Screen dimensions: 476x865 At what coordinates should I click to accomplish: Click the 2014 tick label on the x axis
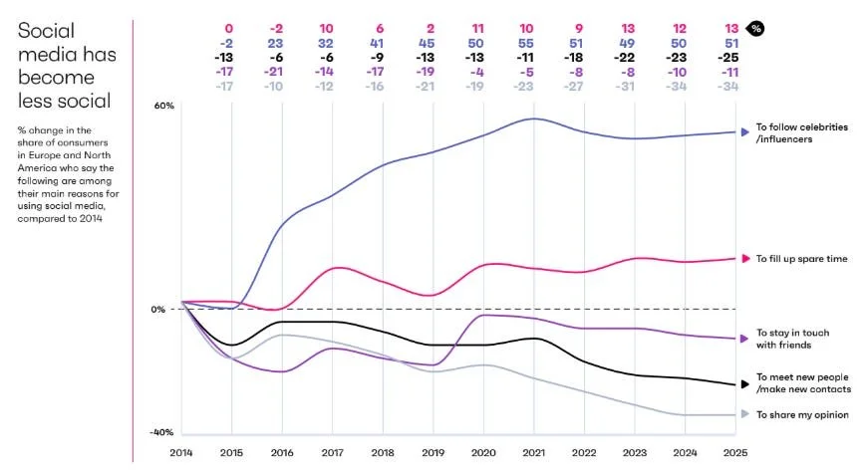tap(180, 453)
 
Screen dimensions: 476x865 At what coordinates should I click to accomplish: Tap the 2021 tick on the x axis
tap(534, 453)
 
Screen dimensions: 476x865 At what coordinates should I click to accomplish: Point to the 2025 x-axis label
tap(735, 453)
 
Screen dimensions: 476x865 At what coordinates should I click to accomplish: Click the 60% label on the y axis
tap(163, 106)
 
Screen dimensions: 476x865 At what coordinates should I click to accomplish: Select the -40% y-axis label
tap(161, 432)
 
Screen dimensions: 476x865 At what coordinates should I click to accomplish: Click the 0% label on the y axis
tap(158, 309)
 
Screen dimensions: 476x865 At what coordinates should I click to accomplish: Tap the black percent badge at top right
tap(756, 29)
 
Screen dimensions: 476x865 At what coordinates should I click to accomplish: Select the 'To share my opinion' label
tap(802, 414)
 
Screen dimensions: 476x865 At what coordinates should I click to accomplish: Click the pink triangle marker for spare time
tap(744, 259)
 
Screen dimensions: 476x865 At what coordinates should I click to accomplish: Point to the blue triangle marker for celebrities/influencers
tap(744, 131)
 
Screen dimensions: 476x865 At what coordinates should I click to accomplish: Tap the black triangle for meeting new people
tap(744, 383)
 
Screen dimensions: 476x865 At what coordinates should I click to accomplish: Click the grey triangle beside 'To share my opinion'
tap(744, 414)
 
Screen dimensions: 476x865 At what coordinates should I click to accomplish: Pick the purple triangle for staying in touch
tap(744, 339)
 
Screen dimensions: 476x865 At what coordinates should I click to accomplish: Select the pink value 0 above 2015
tap(230, 29)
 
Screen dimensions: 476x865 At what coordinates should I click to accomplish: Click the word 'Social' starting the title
tap(46, 31)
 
